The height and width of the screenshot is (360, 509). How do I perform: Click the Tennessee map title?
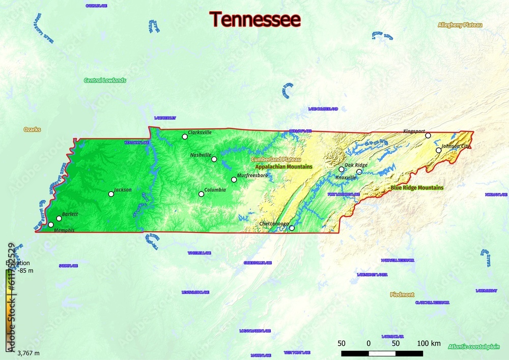256,19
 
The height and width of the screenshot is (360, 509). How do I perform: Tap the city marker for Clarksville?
185,136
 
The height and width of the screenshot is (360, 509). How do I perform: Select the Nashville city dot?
214,159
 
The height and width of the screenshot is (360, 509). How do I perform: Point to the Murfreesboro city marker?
234,179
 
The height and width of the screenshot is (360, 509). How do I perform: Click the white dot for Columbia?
201,194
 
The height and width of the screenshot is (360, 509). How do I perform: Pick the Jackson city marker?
111,194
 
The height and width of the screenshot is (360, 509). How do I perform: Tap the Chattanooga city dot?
292,228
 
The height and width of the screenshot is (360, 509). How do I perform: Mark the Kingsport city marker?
428,135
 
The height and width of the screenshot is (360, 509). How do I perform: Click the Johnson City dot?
438,150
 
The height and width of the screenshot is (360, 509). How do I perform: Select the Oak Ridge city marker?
342,169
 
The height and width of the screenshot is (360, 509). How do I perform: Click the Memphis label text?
64,231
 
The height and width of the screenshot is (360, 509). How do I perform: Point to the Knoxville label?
346,178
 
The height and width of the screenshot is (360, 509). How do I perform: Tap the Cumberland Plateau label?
276,159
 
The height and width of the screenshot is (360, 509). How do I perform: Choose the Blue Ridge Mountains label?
417,188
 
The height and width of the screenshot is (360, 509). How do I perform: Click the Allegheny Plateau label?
460,25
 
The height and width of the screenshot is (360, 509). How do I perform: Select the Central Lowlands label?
105,80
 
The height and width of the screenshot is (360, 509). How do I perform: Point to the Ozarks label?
32,129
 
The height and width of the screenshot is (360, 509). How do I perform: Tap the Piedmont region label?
402,295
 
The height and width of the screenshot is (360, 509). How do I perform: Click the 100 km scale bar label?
429,343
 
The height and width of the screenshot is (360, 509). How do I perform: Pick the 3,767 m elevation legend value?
29,353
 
